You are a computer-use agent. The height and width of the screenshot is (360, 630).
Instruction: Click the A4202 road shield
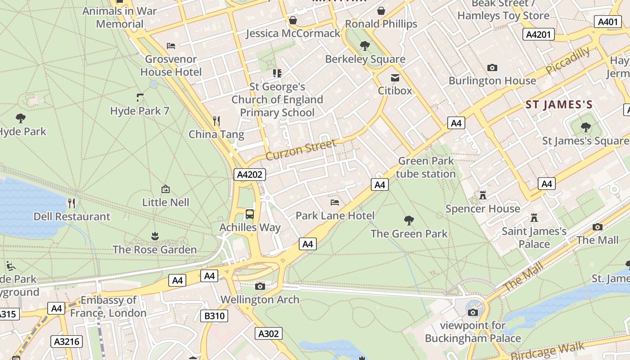point(249,175)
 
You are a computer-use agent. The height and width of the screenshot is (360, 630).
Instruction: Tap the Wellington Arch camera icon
point(260,286)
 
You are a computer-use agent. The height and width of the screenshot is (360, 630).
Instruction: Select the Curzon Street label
point(301,150)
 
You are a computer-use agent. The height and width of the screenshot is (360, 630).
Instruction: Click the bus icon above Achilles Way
point(250,214)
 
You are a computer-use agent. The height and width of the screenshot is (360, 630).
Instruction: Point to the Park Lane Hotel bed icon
point(334,202)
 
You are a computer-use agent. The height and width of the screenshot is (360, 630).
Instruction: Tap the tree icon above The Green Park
point(409,220)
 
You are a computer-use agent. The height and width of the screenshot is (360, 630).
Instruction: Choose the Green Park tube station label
point(426,167)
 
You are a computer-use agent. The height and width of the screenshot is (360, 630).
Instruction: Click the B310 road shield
point(214,316)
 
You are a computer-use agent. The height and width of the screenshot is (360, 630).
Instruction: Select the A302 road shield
point(269,333)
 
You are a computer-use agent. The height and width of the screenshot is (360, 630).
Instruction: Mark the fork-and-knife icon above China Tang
point(216,121)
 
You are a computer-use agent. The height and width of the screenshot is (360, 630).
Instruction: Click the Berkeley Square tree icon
point(364,45)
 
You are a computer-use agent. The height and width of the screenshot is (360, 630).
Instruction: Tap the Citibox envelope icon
point(395,78)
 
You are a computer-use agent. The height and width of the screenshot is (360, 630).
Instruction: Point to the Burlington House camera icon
point(492,68)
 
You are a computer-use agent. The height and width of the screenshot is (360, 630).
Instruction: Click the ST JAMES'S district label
point(559,105)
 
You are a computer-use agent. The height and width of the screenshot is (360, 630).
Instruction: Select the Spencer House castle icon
point(483,195)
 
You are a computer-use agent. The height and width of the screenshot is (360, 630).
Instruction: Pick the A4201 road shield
point(539,35)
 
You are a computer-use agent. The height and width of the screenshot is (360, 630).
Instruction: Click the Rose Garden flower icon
point(155,236)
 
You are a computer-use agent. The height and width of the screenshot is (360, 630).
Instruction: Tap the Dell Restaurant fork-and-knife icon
point(72,203)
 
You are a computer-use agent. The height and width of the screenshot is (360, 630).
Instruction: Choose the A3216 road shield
point(67,342)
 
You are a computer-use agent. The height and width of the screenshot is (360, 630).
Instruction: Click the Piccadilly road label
point(567,60)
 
